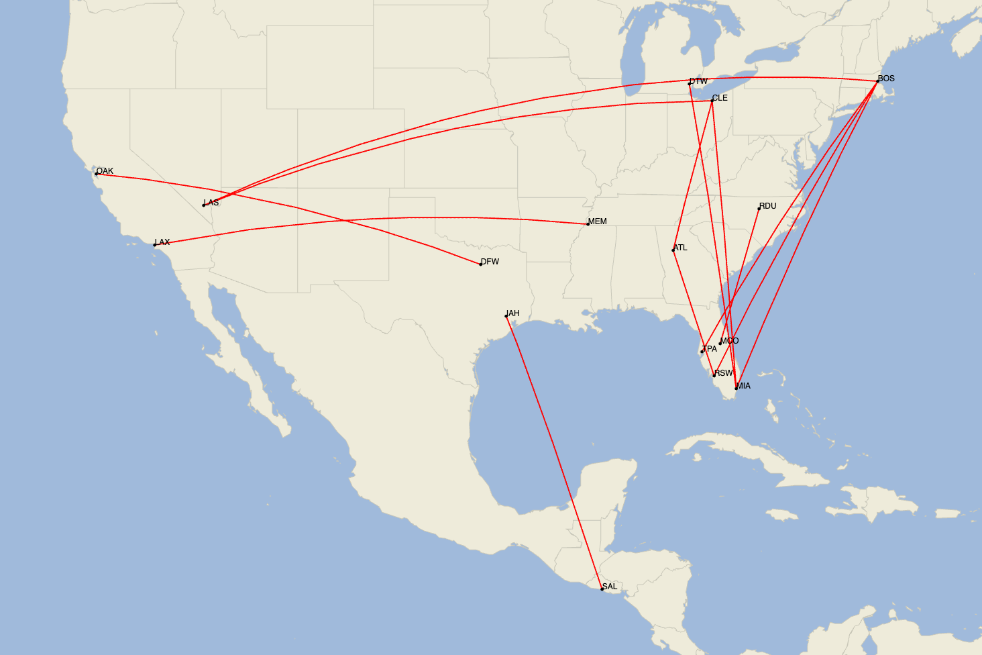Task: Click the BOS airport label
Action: (x=886, y=79)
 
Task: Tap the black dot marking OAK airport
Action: (x=97, y=174)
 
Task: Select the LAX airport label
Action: (x=162, y=242)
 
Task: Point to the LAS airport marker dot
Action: (x=204, y=205)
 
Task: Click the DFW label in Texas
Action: (x=490, y=262)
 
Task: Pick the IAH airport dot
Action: (x=506, y=316)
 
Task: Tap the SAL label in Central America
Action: (x=610, y=587)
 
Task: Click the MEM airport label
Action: (x=597, y=221)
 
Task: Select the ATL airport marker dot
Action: (x=673, y=250)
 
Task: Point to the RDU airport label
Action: (x=768, y=206)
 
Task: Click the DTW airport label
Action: (x=698, y=81)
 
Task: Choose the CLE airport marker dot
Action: (x=712, y=101)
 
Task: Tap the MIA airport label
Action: (x=743, y=386)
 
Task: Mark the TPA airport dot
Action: (x=702, y=352)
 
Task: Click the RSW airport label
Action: (x=724, y=373)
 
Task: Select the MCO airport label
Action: (x=730, y=341)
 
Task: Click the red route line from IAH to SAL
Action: (x=554, y=451)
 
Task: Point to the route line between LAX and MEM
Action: (x=402, y=218)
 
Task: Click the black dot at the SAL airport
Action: (x=602, y=589)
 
